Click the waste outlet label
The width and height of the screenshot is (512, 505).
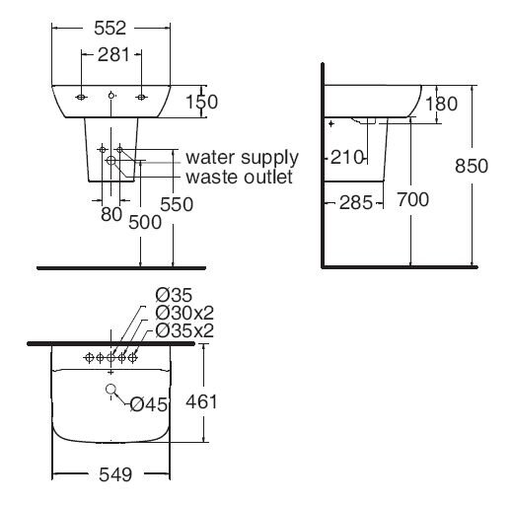240,177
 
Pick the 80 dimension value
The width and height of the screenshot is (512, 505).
110,213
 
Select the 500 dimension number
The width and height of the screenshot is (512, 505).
144,223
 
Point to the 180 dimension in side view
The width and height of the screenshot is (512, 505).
444,103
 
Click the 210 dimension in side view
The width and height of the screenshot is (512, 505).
348,156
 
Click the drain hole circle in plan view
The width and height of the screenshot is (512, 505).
110,392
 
